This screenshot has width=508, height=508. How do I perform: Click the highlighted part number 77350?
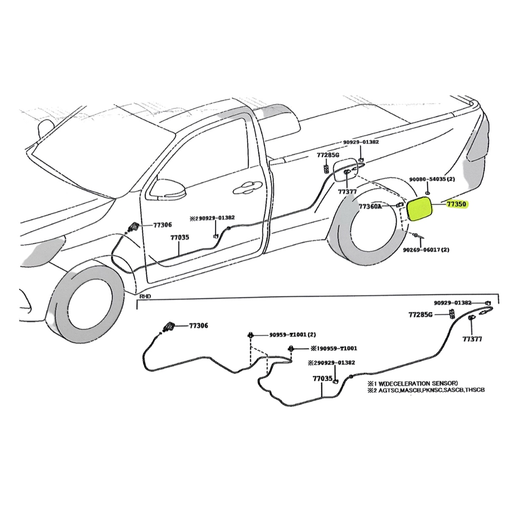(457, 204)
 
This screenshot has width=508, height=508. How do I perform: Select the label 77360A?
(370, 207)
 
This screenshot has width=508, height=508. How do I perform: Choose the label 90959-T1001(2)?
(293, 335)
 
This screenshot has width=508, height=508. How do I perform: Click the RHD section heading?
(145, 297)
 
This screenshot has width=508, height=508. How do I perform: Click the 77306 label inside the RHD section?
(199, 326)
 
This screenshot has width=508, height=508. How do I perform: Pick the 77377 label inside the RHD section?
(472, 339)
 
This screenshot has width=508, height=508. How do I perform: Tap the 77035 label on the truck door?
(179, 238)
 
